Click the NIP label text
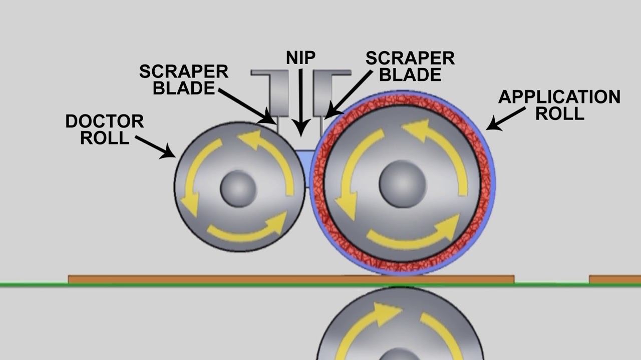coord(300,58)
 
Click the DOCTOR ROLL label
coord(105,129)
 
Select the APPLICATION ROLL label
coord(559,105)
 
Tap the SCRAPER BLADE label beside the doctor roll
coord(184,79)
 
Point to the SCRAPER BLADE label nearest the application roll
coord(410,66)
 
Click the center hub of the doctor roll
coord(238,188)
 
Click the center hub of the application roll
coord(402,183)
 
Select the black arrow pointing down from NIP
coord(300,102)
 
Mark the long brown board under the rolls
coord(290,279)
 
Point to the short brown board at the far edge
coord(615,279)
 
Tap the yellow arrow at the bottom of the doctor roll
coord(248,229)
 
